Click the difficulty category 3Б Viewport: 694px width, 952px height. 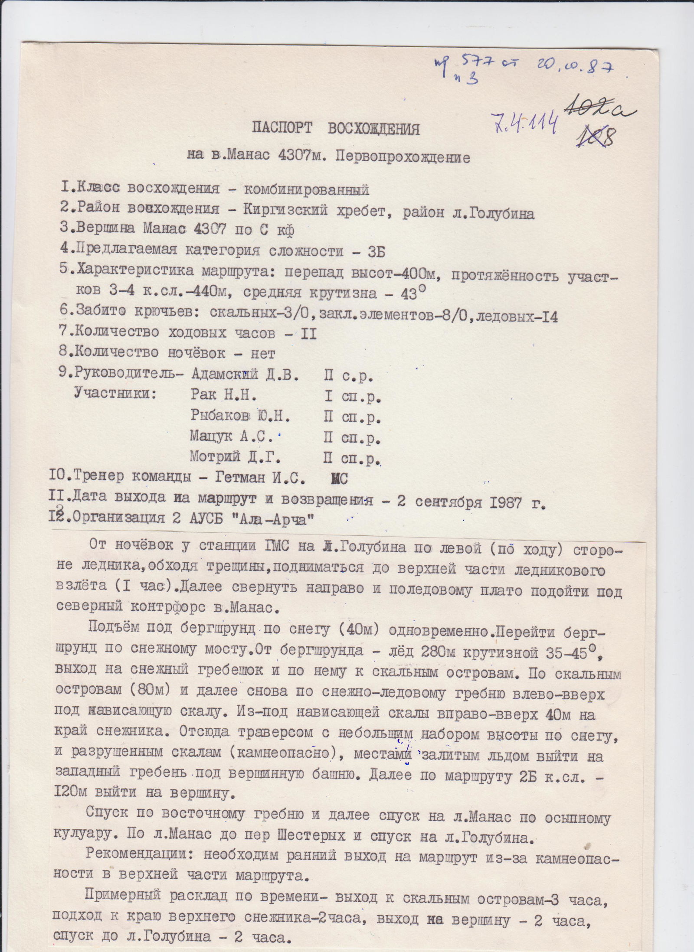click(378, 251)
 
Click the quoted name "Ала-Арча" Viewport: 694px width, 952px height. click(281, 519)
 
